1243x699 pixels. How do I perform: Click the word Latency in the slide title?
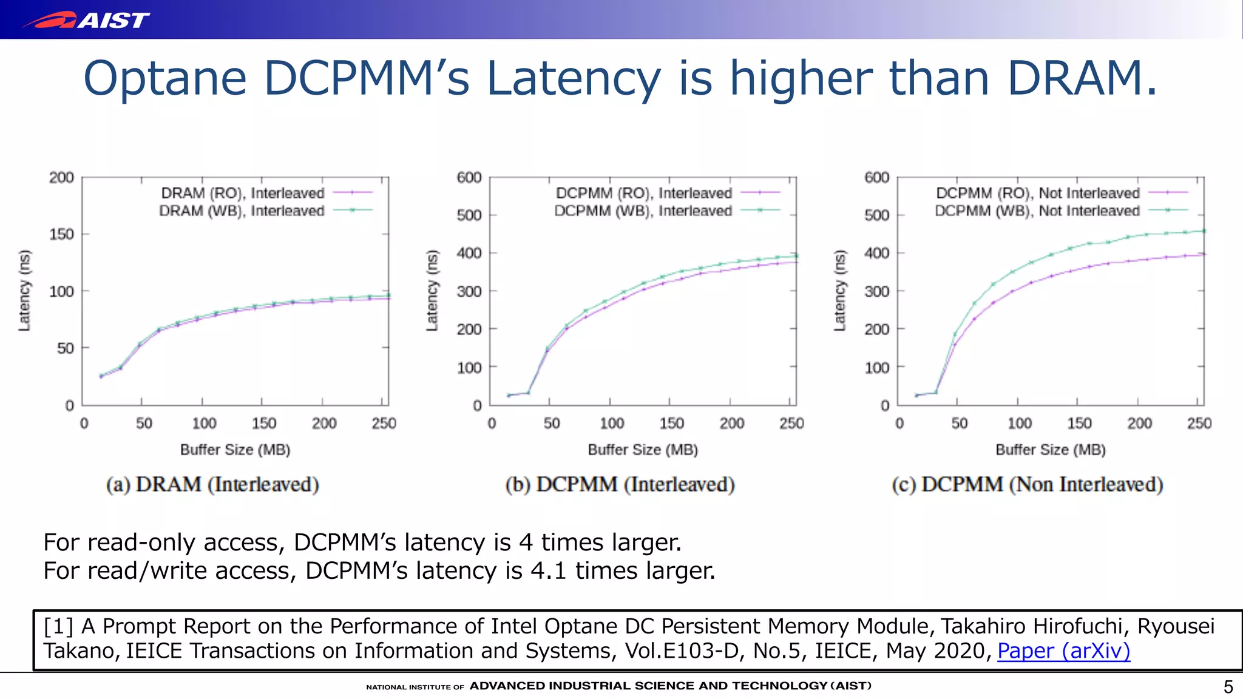pos(574,79)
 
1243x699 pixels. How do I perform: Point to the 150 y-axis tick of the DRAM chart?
pos(61,234)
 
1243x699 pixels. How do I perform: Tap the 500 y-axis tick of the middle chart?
pos(469,215)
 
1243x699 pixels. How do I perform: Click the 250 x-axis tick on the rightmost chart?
pos(1199,424)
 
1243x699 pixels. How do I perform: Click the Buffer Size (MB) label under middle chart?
pos(643,450)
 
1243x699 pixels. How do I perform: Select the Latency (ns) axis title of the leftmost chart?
pos(24,291)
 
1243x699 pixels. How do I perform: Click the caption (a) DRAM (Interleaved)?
pos(212,485)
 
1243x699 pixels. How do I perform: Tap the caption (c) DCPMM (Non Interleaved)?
pos(1027,485)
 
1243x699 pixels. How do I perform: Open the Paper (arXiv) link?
pos(1063,651)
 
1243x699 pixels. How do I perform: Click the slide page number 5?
pos(1228,687)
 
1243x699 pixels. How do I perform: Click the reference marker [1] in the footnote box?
pos(58,626)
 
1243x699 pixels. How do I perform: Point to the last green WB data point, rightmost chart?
pos(1204,231)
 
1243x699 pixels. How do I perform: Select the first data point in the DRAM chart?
pos(101,376)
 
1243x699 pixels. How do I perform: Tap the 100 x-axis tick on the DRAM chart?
pos(204,424)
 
